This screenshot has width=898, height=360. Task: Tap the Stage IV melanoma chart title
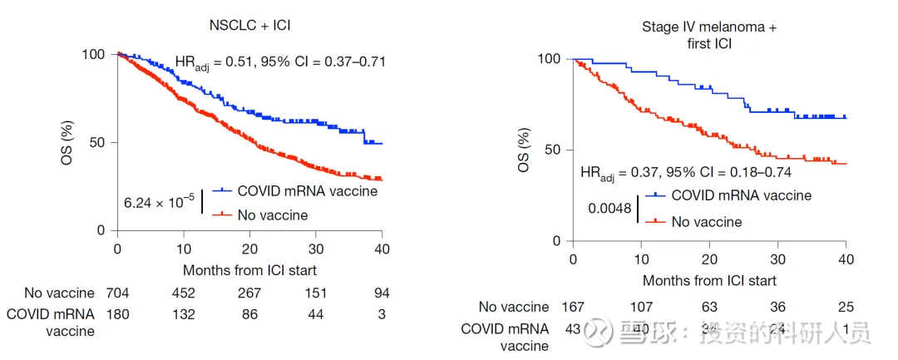pos(709,35)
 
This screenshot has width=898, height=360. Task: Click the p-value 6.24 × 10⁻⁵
pos(160,202)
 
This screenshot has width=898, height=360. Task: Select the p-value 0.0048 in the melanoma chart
pos(610,210)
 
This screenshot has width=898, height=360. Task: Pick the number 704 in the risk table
pos(117,293)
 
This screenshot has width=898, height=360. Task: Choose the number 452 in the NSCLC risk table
pos(183,293)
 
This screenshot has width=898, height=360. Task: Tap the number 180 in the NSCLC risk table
pos(117,314)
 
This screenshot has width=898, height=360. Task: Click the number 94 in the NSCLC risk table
pos(382,293)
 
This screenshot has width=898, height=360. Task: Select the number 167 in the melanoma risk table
pos(573,307)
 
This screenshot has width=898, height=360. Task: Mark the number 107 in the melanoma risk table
pos(641,307)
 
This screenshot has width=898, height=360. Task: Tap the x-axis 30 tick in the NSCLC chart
pos(315,249)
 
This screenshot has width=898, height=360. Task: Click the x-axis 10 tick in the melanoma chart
pos(641,259)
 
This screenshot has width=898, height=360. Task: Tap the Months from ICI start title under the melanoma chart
pos(709,281)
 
